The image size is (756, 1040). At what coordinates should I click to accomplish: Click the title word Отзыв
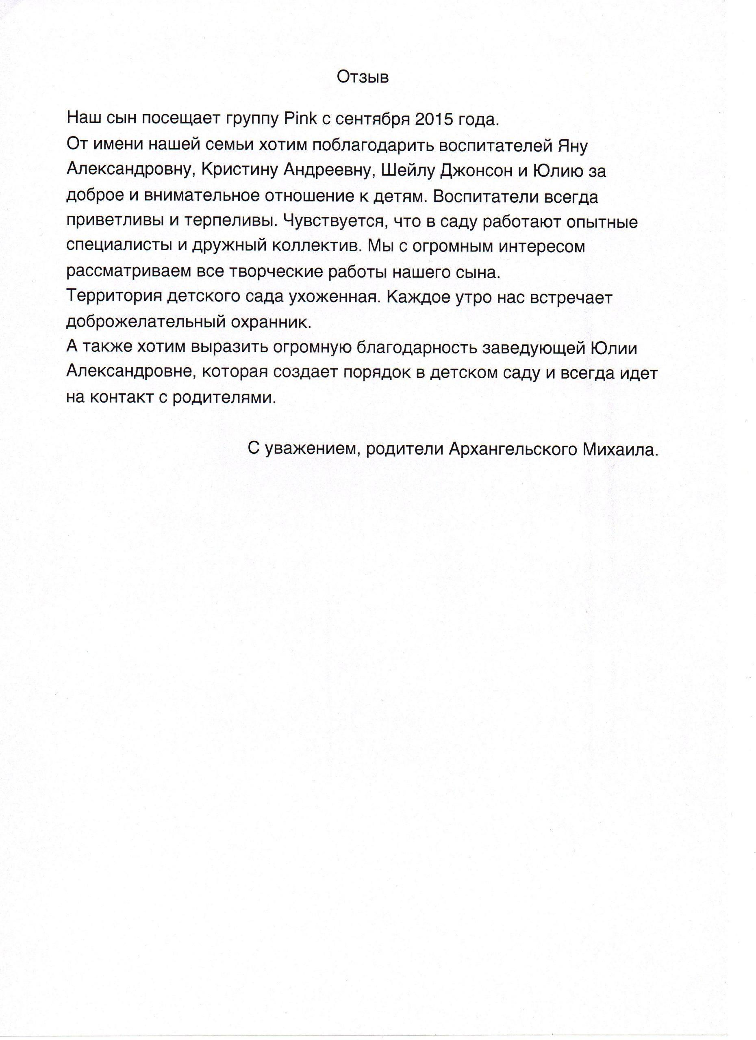click(x=363, y=77)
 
